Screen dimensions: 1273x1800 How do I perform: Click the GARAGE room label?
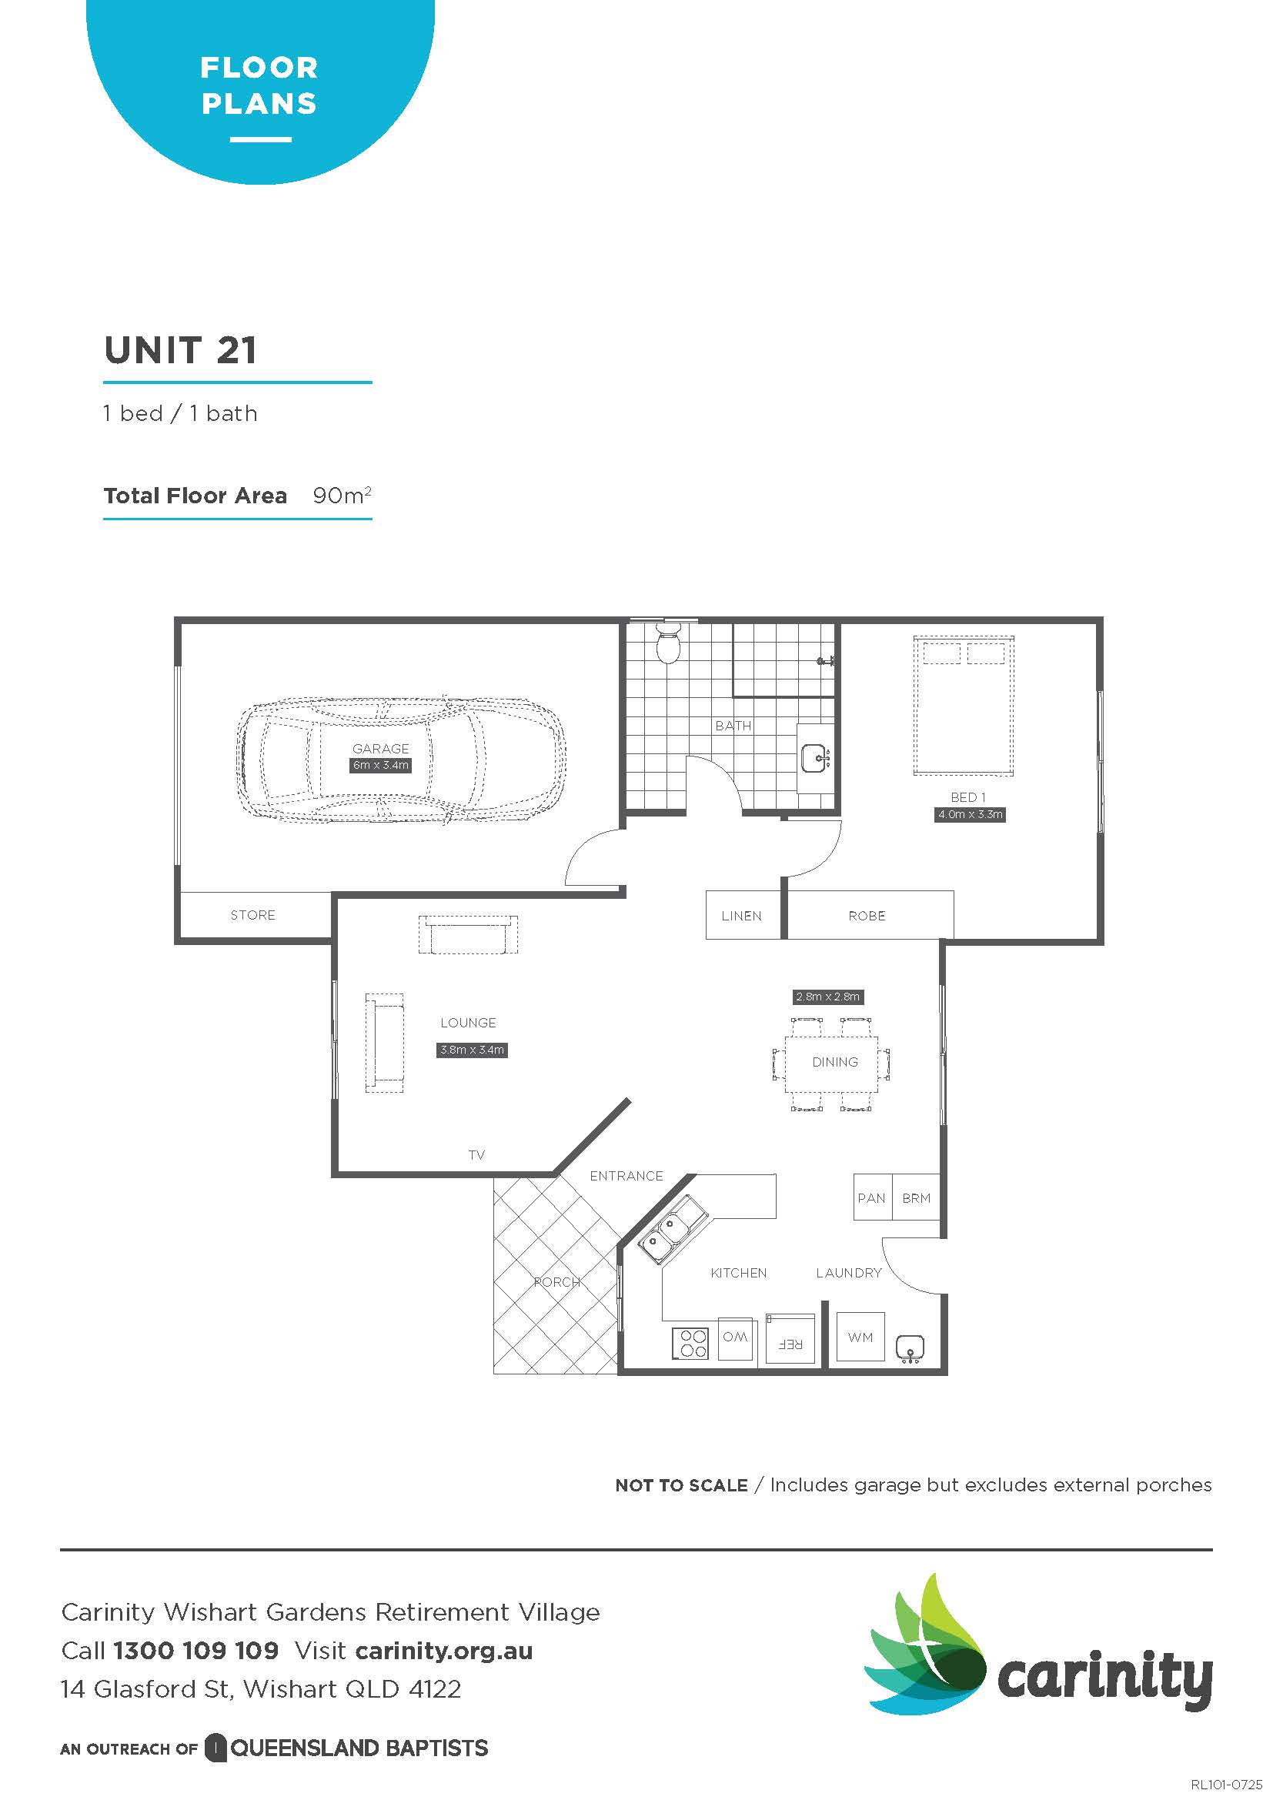tap(380, 749)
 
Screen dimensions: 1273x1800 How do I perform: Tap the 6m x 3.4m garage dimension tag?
tap(380, 765)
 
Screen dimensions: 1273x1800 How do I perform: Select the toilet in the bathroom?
tap(668, 643)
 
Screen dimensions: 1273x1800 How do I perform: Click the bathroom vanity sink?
tap(816, 758)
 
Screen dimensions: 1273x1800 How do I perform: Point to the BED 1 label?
tap(968, 797)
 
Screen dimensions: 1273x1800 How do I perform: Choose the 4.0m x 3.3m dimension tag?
tap(970, 814)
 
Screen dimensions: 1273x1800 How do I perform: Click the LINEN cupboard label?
tap(740, 916)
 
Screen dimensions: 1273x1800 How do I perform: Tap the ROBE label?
tap(866, 916)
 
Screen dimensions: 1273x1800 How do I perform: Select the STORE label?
tap(252, 915)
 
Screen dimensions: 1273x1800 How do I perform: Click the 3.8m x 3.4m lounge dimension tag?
tap(472, 1050)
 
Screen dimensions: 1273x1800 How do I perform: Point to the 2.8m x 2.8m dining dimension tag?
tap(828, 997)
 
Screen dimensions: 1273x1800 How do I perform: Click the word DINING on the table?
tap(835, 1062)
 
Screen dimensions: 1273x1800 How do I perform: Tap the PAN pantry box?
tap(873, 1197)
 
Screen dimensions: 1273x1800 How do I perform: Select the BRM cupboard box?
tap(917, 1197)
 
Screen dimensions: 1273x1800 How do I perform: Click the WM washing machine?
tap(860, 1337)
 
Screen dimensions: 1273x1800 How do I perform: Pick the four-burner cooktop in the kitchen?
tap(690, 1343)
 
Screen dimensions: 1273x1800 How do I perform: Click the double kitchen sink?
tap(673, 1229)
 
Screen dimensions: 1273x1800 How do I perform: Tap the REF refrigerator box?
tap(790, 1338)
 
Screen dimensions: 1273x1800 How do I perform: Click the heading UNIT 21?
tap(180, 350)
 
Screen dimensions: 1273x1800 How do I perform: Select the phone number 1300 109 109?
tap(196, 1650)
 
